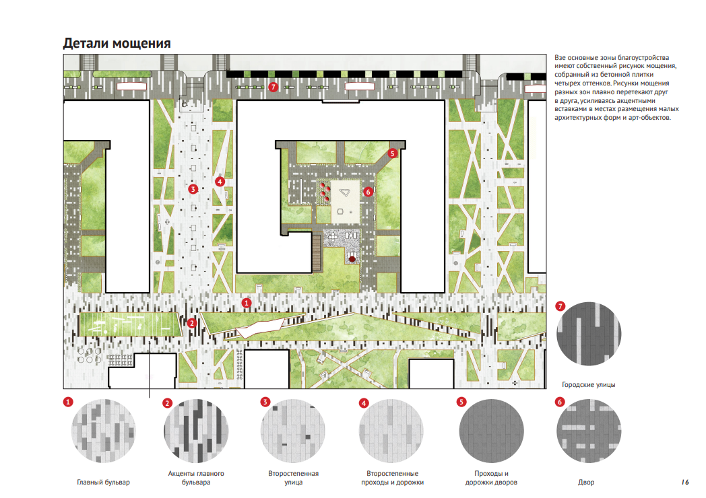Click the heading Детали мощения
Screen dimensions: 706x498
117,43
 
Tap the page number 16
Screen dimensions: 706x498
684,482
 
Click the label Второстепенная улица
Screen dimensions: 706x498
293,478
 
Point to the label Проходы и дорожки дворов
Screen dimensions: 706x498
491,478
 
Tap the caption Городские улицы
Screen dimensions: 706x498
589,385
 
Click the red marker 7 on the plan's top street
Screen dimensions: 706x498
273,87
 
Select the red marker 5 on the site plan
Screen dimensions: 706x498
393,153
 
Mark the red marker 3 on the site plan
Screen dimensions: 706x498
193,189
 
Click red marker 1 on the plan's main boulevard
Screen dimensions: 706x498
247,304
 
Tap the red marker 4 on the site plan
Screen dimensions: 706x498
219,181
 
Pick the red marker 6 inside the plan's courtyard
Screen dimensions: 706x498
368,191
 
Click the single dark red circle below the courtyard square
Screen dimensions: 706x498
352,258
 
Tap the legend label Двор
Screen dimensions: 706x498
586,483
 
